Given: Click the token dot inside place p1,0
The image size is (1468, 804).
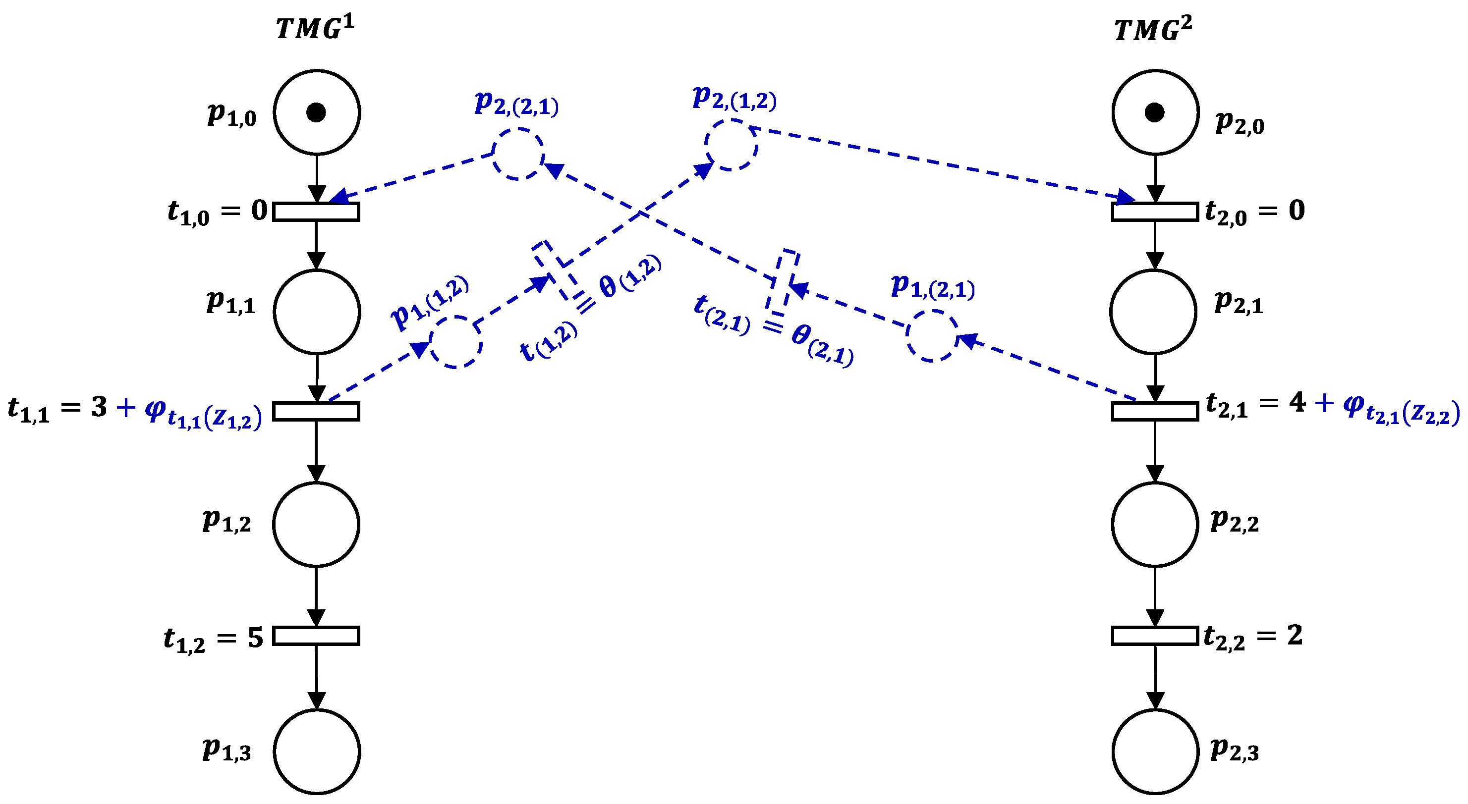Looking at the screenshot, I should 316,112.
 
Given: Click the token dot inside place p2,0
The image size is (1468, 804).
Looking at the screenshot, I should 1155,113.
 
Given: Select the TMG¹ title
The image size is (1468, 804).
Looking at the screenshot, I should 315,27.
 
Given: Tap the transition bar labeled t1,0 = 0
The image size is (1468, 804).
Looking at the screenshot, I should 316,212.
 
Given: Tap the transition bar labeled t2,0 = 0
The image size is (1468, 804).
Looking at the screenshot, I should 1155,212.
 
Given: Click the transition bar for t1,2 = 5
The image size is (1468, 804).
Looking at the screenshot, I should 316,636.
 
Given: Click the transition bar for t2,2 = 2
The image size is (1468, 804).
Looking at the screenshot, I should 1155,636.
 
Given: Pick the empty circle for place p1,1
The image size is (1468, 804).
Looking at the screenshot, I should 317,312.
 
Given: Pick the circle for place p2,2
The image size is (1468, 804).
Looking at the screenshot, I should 1155,524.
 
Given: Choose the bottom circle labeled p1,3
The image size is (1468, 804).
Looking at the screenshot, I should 317,751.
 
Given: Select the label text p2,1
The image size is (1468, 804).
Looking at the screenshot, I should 1239,302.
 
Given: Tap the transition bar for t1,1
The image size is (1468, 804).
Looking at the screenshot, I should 316,411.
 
